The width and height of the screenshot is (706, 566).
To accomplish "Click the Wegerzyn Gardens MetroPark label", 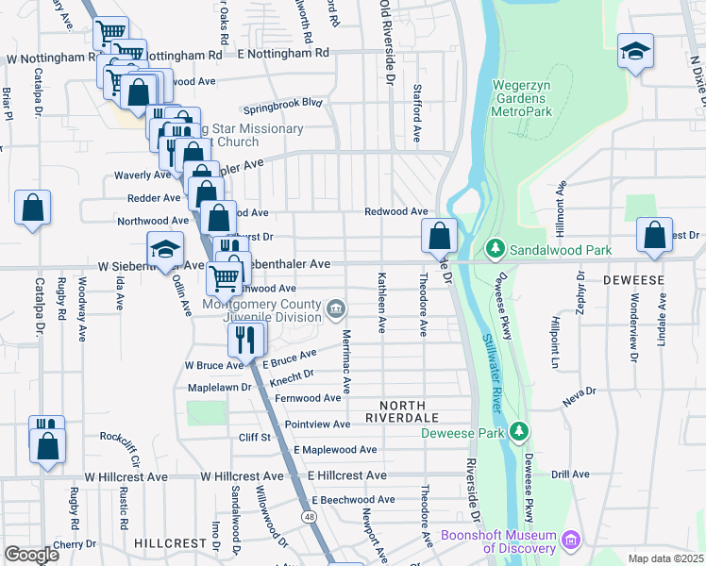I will (532, 98).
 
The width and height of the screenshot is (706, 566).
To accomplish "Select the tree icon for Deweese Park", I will (517, 431).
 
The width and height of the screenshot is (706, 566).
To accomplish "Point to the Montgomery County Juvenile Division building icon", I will (335, 309).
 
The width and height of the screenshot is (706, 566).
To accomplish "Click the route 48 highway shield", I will (309, 517).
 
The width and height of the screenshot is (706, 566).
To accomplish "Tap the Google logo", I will (31, 555).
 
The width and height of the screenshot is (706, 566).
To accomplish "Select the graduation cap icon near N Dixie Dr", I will (635, 51).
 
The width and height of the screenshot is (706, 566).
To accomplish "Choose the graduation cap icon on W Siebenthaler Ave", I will (164, 251).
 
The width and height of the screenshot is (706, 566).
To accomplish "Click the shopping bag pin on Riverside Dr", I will (440, 235).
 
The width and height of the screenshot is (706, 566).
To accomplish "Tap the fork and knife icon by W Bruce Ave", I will (245, 339).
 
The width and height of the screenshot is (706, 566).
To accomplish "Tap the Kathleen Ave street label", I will (382, 303).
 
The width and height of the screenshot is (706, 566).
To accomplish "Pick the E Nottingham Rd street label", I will (283, 55).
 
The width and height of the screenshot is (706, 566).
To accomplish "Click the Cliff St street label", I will (255, 437).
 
